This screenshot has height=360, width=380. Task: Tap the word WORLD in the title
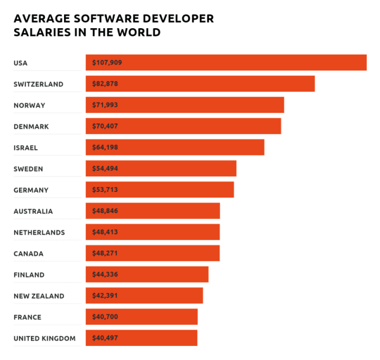pyautogui.click(x=140, y=33)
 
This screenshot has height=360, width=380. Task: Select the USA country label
pyautogui.click(x=21, y=63)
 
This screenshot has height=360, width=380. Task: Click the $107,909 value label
pyautogui.click(x=107, y=63)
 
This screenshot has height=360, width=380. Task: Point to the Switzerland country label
pyautogui.click(x=39, y=84)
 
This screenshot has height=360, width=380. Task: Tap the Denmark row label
pyautogui.click(x=31, y=126)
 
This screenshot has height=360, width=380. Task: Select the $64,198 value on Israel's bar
pyautogui.click(x=105, y=147)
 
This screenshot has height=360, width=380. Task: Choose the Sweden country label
pyautogui.click(x=28, y=169)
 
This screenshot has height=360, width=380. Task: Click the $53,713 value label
pyautogui.click(x=105, y=190)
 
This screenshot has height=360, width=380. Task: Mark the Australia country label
pyautogui.click(x=33, y=211)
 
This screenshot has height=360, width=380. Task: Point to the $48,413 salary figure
pyautogui.click(x=105, y=232)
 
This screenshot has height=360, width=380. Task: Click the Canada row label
pyautogui.click(x=29, y=253)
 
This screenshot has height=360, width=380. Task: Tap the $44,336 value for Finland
pyautogui.click(x=105, y=275)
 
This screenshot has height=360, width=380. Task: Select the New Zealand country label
pyautogui.click(x=39, y=296)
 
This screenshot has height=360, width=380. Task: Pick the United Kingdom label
pyautogui.click(x=45, y=338)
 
